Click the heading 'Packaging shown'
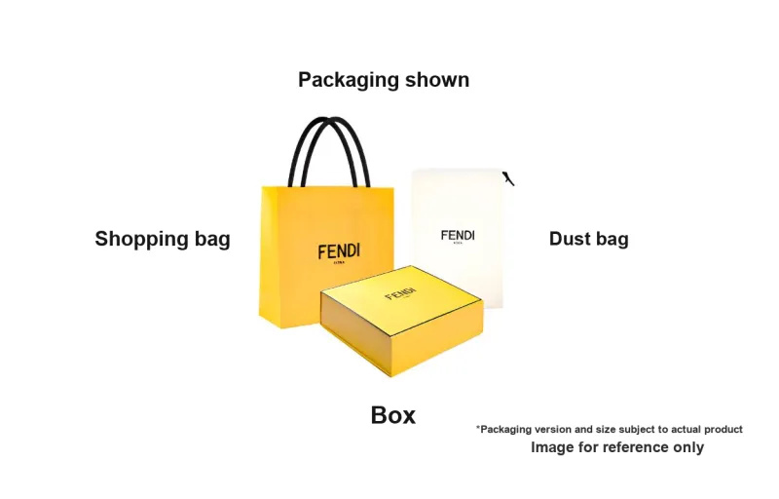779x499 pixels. click(384, 80)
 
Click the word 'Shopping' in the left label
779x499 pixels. click(136, 239)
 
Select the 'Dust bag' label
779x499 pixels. click(588, 239)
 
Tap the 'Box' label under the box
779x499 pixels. click(393, 415)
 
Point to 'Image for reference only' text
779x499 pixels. click(616, 447)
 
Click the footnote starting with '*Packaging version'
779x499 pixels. click(609, 429)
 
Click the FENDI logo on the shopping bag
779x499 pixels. click(338, 251)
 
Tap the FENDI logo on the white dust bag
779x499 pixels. click(458, 235)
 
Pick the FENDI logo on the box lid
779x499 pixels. click(399, 293)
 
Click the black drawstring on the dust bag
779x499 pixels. click(507, 177)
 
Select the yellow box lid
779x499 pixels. click(401, 297)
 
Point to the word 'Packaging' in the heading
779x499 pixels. click(348, 80)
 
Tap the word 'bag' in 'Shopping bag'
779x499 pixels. click(209, 239)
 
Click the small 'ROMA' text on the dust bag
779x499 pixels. click(458, 244)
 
